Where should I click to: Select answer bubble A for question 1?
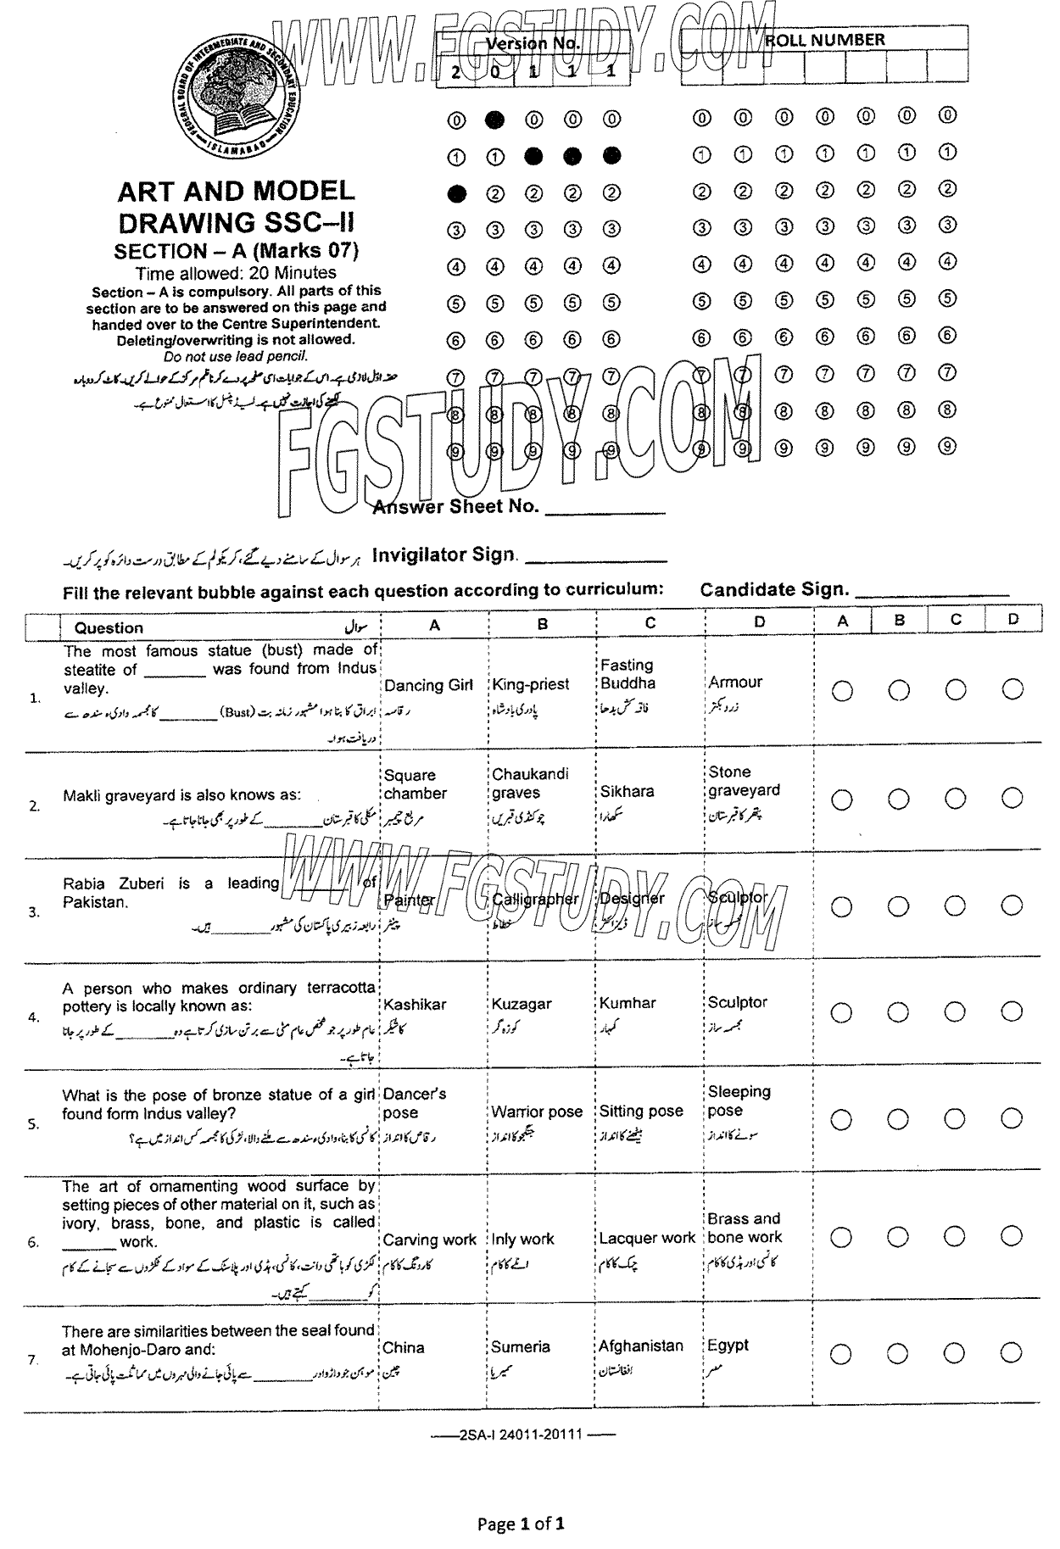click(842, 691)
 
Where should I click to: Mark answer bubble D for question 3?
click(1012, 905)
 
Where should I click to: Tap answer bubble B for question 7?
click(899, 1354)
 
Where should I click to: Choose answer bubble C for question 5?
click(956, 1120)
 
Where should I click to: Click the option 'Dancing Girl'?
click(428, 685)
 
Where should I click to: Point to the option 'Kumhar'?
click(628, 1003)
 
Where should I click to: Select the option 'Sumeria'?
click(521, 1346)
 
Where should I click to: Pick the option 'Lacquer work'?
click(647, 1238)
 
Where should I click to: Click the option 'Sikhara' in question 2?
click(627, 791)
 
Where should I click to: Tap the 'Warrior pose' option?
click(537, 1112)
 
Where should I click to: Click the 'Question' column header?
click(109, 627)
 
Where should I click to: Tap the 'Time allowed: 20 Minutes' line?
click(236, 273)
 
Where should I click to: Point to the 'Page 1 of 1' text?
click(521, 1524)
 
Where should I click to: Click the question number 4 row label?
click(34, 1017)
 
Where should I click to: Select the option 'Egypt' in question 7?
click(728, 1346)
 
